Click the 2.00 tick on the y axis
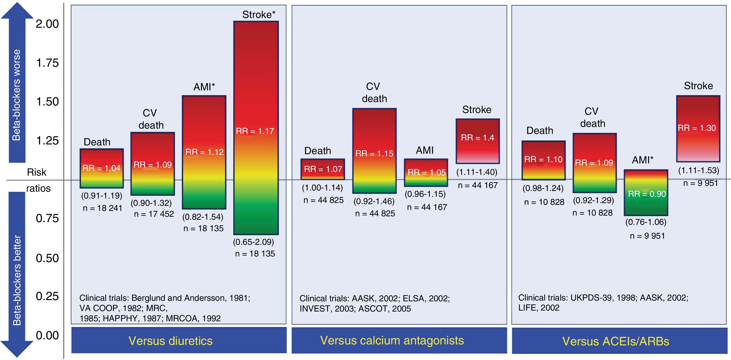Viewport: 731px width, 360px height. click(x=47, y=24)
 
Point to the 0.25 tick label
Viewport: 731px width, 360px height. click(x=47, y=296)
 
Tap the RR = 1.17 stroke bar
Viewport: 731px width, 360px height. click(x=256, y=128)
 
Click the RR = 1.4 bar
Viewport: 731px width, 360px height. click(x=478, y=141)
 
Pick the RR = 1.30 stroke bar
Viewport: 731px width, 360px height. click(x=698, y=129)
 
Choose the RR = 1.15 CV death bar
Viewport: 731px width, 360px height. click(x=374, y=151)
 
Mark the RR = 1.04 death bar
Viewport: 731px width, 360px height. click(x=102, y=168)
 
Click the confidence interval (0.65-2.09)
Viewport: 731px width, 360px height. click(x=253, y=242)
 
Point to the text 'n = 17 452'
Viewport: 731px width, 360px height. click(x=154, y=214)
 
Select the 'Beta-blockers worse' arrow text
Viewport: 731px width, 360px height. click(x=17, y=95)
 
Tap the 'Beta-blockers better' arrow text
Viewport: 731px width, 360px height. click(x=17, y=280)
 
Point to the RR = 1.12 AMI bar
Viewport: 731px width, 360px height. click(x=204, y=152)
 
